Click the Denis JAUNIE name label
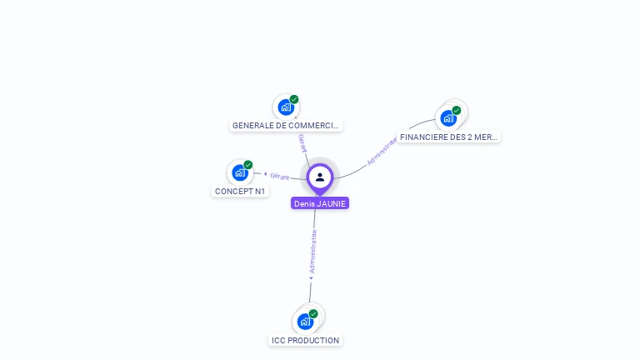(x=320, y=203)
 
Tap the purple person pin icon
(x=320, y=177)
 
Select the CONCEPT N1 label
(x=240, y=191)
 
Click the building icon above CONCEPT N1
(x=240, y=172)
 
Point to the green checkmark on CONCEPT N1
(x=247, y=165)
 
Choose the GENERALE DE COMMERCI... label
(x=286, y=125)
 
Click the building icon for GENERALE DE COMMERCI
(x=286, y=107)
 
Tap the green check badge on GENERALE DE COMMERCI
(x=293, y=99)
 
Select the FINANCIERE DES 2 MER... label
(x=448, y=137)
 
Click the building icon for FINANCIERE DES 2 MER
(x=448, y=117)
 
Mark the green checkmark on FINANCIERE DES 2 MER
(x=456, y=110)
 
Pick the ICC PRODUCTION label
(x=306, y=340)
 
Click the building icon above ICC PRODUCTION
(x=305, y=321)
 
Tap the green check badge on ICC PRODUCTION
(x=312, y=313)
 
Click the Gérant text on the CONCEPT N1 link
(x=279, y=176)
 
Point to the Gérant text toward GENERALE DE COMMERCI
(x=302, y=142)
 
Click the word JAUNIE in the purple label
(x=332, y=203)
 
